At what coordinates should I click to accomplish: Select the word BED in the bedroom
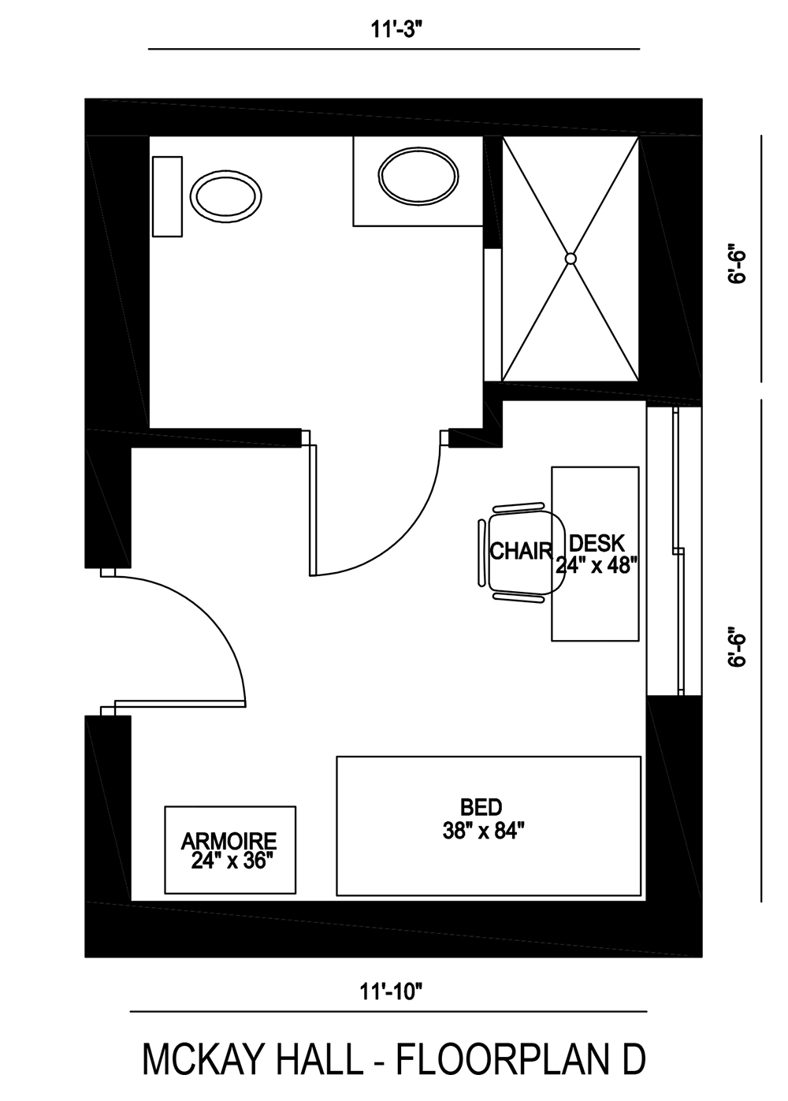[x=481, y=808]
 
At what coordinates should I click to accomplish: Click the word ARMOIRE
[x=229, y=841]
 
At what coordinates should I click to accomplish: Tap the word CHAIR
[x=519, y=551]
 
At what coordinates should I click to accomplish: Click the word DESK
[x=597, y=543]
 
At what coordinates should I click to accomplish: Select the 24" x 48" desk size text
[x=596, y=565]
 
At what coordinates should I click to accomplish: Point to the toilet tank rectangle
[x=167, y=196]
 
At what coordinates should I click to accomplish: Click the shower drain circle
[x=571, y=258]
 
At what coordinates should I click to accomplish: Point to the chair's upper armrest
[x=518, y=506]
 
